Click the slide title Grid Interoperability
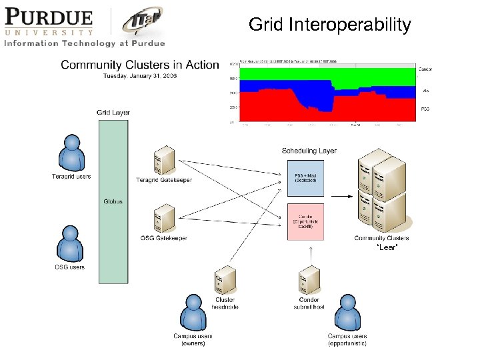[x=330, y=25]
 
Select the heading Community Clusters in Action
[x=139, y=65]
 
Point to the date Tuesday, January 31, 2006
[x=144, y=76]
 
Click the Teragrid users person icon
[x=71, y=153]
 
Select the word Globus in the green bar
[x=113, y=201]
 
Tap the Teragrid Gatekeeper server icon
[x=164, y=159]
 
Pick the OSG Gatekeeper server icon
[x=164, y=218]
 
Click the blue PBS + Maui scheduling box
[x=305, y=178]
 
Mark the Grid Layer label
[x=113, y=113]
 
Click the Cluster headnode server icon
[x=225, y=280]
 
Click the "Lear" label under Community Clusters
[x=387, y=247]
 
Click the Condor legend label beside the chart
[x=426, y=69]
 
